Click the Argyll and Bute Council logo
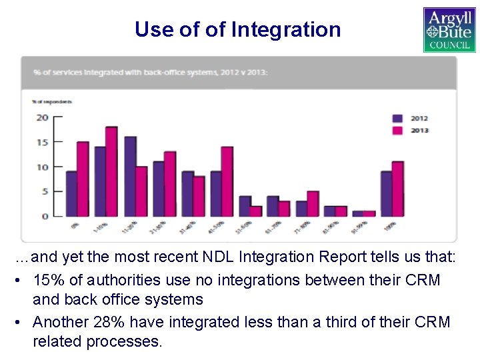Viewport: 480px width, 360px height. coord(449,29)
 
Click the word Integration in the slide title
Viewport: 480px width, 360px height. coord(286,29)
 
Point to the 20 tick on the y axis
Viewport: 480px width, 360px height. coord(41,118)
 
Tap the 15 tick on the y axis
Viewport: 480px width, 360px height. coord(41,143)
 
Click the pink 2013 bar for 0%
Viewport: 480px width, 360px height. coord(83,179)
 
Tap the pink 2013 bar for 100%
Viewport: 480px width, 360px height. coord(398,189)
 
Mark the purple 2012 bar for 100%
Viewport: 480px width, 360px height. coord(386,194)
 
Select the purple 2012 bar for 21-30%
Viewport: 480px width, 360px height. coord(159,189)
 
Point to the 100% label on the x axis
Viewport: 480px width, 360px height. coord(390,226)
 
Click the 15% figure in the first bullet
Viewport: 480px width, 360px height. coord(47,280)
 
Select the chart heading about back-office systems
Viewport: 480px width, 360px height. coord(145,73)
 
